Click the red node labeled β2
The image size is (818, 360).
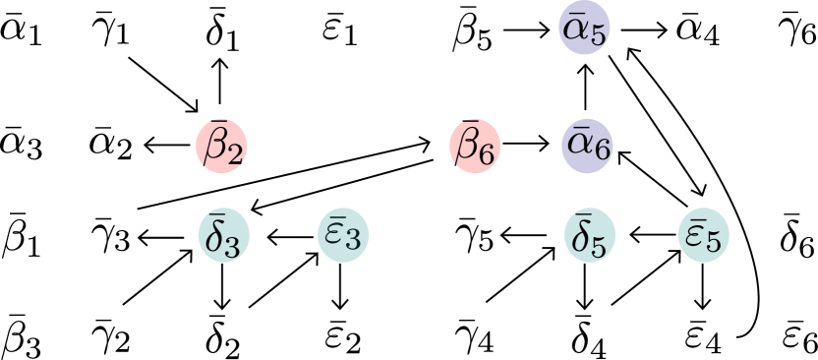(x=222, y=148)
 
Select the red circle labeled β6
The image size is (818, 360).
(x=475, y=148)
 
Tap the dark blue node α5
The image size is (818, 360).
(x=585, y=30)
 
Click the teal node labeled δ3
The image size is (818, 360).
(x=224, y=237)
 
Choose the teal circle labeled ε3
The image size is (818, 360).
(x=343, y=237)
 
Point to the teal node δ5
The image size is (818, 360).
(x=590, y=237)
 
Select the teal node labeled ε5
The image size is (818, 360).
(x=704, y=237)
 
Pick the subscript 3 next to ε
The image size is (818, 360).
(x=353, y=242)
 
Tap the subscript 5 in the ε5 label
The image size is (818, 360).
(x=714, y=242)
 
